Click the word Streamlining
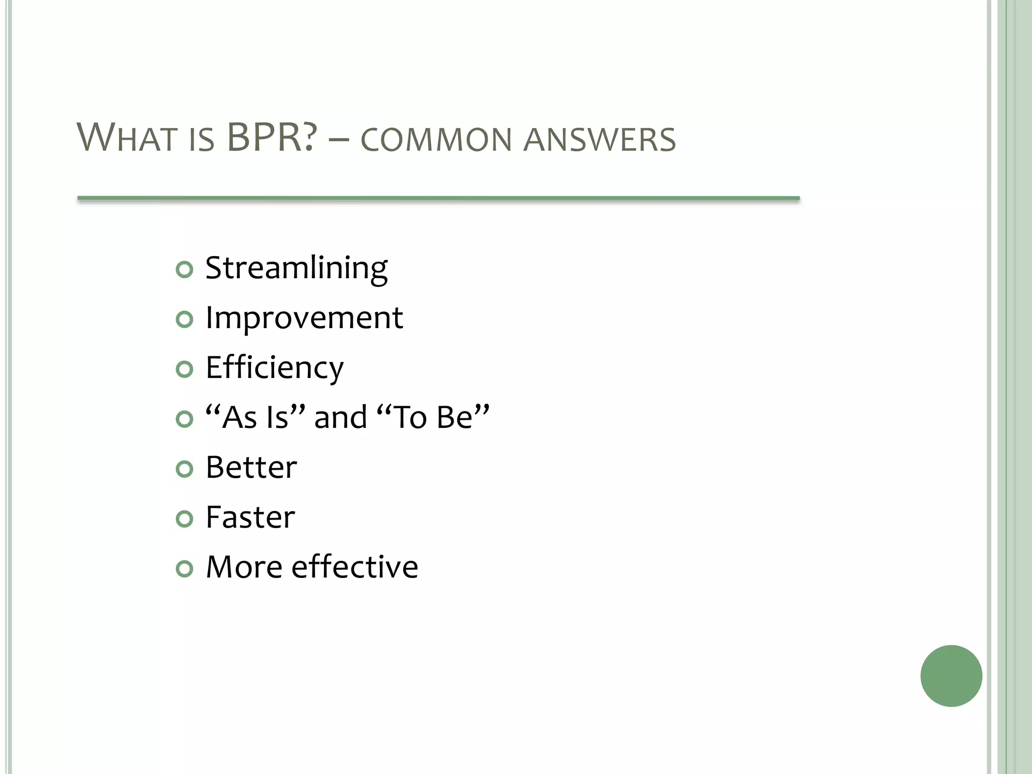[296, 269]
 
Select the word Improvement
[304, 318]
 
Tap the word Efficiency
[275, 368]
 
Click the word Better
[251, 468]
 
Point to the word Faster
[250, 518]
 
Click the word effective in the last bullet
[355, 567]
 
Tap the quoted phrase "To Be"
[433, 417]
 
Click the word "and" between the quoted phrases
[341, 418]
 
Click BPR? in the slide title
[272, 138]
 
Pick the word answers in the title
[600, 140]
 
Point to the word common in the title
[436, 140]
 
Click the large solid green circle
[951, 676]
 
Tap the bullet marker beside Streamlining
[184, 270]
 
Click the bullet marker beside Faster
[184, 519]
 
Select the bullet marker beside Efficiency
[184, 369]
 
